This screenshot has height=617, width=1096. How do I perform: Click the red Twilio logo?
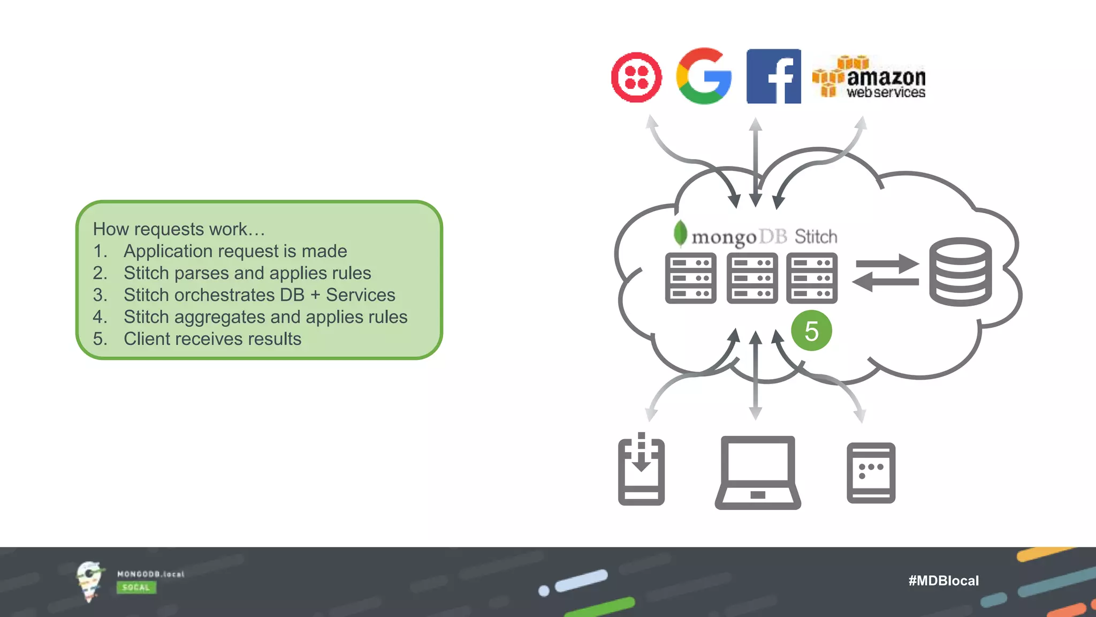(636, 77)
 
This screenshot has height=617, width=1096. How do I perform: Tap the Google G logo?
(704, 76)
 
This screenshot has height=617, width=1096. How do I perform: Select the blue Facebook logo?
(773, 76)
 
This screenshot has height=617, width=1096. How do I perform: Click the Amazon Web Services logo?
(869, 78)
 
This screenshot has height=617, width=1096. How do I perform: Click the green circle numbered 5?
(811, 331)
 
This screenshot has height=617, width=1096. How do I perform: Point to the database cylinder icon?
(960, 272)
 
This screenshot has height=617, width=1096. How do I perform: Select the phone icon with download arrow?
(641, 470)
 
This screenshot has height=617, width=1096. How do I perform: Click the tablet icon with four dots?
(871, 473)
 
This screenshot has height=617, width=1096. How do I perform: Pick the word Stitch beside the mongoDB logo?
(816, 237)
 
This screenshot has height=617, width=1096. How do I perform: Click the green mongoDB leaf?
(680, 234)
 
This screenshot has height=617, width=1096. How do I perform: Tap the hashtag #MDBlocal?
(943, 581)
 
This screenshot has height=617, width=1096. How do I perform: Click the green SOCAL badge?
(136, 588)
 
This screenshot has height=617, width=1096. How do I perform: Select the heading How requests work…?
(179, 229)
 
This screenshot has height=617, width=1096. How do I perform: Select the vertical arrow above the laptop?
(755, 375)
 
